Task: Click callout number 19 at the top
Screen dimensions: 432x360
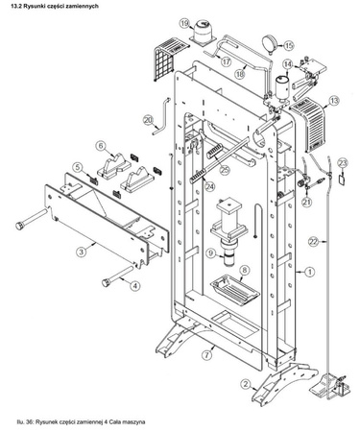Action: [184, 22]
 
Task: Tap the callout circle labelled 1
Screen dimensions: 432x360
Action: [309, 273]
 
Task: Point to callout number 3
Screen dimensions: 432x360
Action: [82, 251]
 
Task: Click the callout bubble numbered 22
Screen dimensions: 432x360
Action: [313, 243]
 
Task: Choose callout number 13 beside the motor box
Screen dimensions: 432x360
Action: [335, 99]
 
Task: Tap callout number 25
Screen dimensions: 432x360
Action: [225, 169]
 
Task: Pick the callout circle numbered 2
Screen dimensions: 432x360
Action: [248, 384]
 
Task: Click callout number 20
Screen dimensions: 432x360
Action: [148, 120]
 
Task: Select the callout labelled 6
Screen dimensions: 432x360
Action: [99, 146]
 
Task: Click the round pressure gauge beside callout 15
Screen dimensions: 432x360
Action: [270, 42]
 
